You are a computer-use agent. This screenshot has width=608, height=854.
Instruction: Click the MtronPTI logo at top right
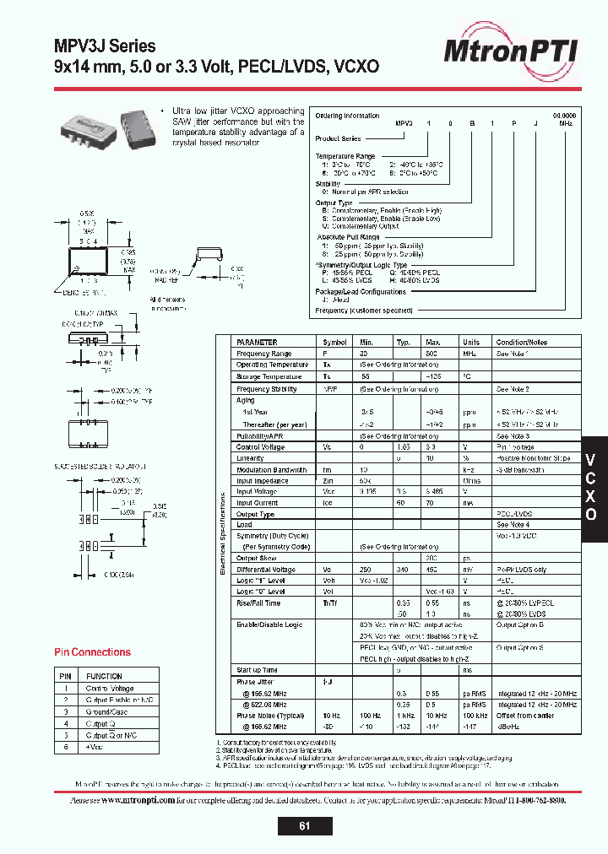(x=512, y=51)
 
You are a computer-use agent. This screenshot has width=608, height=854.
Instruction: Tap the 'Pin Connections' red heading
(x=93, y=652)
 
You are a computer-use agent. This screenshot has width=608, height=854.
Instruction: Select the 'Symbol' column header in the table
(x=335, y=343)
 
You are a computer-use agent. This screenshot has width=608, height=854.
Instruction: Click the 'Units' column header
(x=471, y=343)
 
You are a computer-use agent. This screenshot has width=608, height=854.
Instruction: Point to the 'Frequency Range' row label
(x=264, y=354)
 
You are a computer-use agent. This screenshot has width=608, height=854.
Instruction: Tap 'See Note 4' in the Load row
(x=513, y=525)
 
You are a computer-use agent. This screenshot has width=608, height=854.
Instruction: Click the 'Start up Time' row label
(x=257, y=670)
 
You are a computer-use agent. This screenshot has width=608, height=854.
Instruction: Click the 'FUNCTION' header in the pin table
(x=105, y=676)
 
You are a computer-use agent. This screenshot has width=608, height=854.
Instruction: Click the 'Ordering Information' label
(x=347, y=116)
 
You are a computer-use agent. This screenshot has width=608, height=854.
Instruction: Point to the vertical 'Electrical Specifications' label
(x=223, y=534)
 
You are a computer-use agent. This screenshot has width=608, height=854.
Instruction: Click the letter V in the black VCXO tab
(x=592, y=460)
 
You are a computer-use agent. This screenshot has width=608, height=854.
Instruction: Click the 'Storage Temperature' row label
(x=269, y=376)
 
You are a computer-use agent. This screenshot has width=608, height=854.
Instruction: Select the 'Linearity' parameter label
(x=251, y=458)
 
